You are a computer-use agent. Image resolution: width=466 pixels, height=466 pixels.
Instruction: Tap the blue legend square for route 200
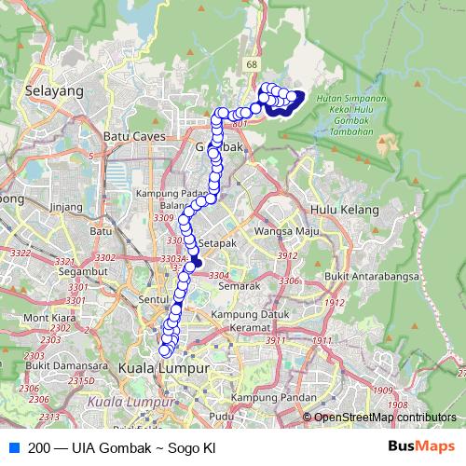tap(13, 447)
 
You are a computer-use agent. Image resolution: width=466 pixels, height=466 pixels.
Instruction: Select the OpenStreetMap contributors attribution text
tap(384, 418)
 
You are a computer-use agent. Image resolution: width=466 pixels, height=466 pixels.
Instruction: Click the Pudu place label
tap(222, 416)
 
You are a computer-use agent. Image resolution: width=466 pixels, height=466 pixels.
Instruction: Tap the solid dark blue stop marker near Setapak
tap(197, 265)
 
